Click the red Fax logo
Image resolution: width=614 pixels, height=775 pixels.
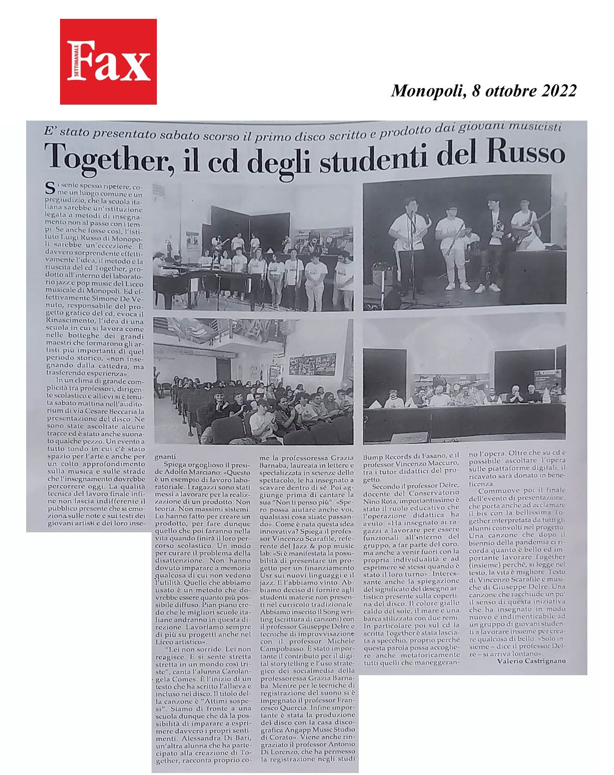(108, 62)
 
